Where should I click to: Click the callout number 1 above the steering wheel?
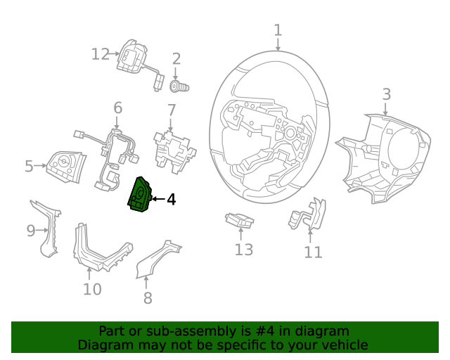click(278, 30)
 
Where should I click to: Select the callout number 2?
click(176, 59)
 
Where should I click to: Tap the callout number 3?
click(386, 94)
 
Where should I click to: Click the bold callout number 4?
click(171, 200)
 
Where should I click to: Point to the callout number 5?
click(29, 167)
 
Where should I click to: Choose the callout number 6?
click(117, 108)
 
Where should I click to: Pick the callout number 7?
click(171, 110)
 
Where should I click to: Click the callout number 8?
click(147, 298)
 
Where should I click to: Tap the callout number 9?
click(30, 231)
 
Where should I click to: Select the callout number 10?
click(92, 289)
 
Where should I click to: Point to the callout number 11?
click(313, 252)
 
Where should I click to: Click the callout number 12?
click(101, 53)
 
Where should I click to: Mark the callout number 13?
click(243, 249)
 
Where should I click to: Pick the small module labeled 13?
click(239, 221)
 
